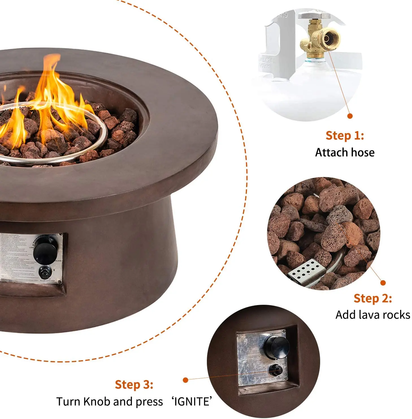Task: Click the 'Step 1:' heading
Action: pyautogui.click(x=344, y=135)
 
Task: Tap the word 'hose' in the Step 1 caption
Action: pyautogui.click(x=362, y=152)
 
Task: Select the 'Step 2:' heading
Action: pyautogui.click(x=372, y=298)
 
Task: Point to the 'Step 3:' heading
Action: pyautogui.click(x=134, y=385)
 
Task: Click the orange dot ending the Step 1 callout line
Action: pyautogui.click(x=350, y=116)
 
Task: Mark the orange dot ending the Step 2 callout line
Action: pyautogui.click(x=383, y=283)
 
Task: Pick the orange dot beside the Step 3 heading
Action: pyautogui.click(x=185, y=380)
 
